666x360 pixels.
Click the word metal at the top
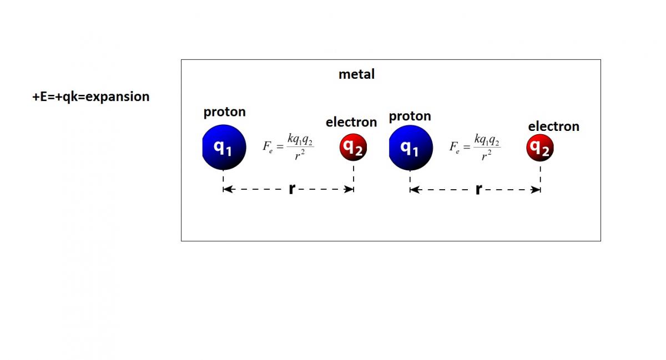(x=356, y=74)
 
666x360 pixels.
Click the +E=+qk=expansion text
(x=90, y=97)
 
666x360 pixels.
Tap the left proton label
(x=224, y=113)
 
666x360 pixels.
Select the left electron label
(x=351, y=122)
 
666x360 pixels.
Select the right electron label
(x=554, y=126)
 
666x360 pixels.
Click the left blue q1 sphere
(x=224, y=148)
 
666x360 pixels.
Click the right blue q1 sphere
(x=411, y=148)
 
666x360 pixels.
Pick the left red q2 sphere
(x=353, y=148)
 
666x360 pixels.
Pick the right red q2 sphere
(x=540, y=148)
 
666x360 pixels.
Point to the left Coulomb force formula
(x=288, y=146)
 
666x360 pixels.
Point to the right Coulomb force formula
(x=475, y=147)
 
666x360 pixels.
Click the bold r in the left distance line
(x=292, y=189)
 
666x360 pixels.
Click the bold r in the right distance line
(x=478, y=189)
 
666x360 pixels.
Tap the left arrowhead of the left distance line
(x=229, y=189)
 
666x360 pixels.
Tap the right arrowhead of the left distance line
(x=349, y=189)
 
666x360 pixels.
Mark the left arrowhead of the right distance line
(x=416, y=190)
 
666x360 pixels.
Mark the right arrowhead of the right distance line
(x=535, y=190)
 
